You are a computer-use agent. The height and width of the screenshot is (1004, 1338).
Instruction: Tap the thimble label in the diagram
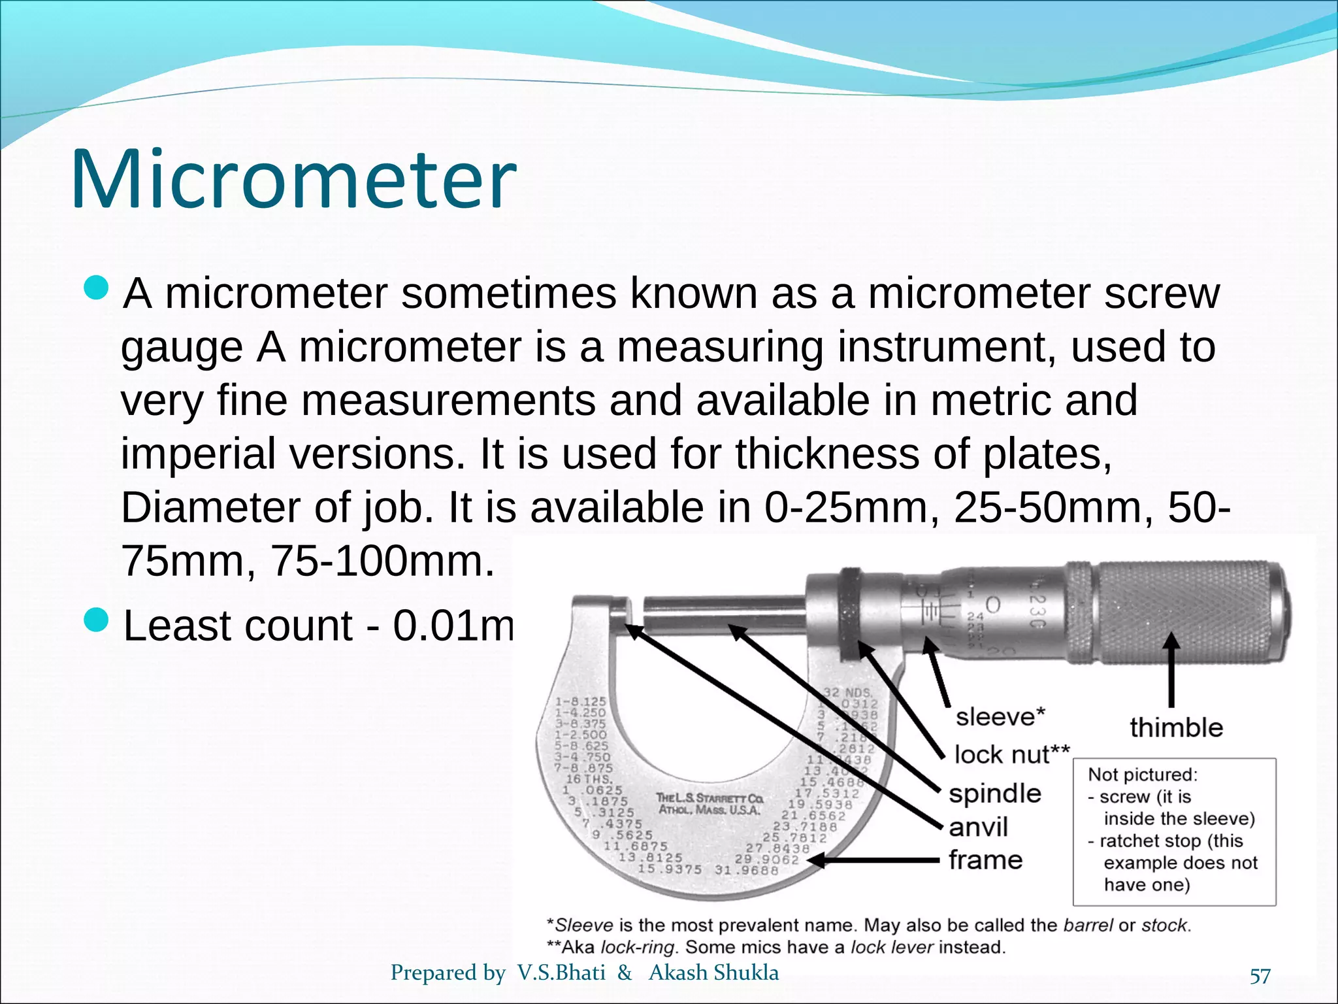(x=1176, y=728)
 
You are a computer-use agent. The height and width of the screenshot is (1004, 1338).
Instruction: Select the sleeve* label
(x=1000, y=717)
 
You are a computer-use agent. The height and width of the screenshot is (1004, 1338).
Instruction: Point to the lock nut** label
(x=1012, y=754)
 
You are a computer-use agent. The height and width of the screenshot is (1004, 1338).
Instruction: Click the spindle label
(x=995, y=794)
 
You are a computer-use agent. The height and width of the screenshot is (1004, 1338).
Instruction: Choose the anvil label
(x=978, y=827)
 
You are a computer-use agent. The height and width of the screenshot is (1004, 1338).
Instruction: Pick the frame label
(x=985, y=860)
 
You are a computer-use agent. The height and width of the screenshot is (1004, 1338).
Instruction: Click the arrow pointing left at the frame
(x=875, y=861)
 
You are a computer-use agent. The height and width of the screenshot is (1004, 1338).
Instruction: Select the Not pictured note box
(x=1174, y=831)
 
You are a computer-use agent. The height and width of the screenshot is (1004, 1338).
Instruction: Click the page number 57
(x=1260, y=977)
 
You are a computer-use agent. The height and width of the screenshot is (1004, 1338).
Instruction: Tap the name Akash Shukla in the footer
(x=713, y=973)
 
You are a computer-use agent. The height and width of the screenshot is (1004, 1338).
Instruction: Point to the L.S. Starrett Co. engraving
(x=709, y=804)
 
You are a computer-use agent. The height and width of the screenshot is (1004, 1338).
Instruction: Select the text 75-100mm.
(x=382, y=561)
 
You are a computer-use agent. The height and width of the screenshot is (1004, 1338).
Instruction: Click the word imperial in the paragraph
(x=198, y=454)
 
